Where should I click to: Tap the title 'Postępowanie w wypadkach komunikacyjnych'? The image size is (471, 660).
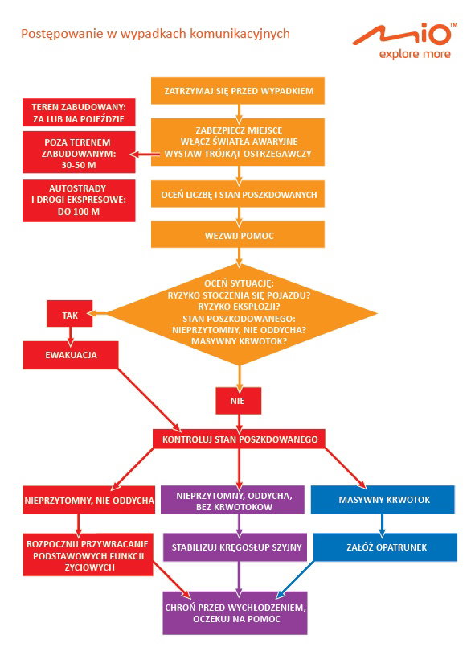pos(155,34)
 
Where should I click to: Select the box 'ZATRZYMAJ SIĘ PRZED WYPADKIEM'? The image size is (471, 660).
pos(238,90)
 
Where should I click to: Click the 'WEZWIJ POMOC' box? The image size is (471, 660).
pos(238,235)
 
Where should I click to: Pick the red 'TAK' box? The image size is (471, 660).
pos(70,314)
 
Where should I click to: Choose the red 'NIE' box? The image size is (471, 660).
pos(238,400)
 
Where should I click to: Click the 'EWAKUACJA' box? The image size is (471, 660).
pos(71,354)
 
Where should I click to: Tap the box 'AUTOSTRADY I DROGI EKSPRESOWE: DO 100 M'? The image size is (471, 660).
pos(79,200)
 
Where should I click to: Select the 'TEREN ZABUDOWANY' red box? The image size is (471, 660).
pos(79,113)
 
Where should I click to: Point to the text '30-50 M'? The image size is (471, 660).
pos(79,166)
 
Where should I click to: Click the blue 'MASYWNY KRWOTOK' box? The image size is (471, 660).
pos(383,500)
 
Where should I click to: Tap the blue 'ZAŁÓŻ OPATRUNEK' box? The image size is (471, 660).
pos(385,547)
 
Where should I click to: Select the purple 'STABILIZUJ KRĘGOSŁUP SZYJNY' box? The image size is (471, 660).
pos(235,547)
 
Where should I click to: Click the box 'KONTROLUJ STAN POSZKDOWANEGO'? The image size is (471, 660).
pos(239,439)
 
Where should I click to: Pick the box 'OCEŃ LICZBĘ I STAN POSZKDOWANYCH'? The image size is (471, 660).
pos(238,194)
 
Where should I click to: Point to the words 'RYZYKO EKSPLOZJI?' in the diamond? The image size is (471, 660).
pos(239,307)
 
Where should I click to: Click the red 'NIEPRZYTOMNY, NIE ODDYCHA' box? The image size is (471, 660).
pos(89,500)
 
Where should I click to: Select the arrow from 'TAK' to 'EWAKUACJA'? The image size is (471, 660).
pos(70,335)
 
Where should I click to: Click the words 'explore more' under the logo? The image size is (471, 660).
pos(415,54)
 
